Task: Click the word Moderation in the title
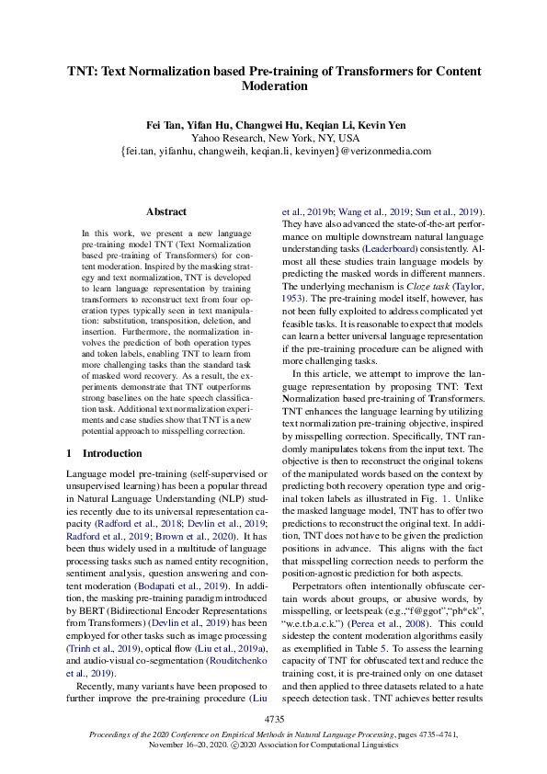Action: click(273, 86)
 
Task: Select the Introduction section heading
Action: click(112, 453)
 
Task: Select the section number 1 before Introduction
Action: click(69, 453)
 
